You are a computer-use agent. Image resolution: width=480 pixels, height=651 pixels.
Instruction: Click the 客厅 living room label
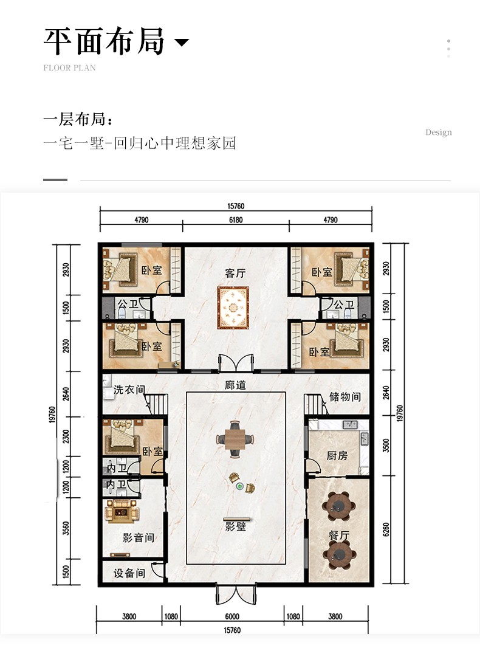(x=235, y=273)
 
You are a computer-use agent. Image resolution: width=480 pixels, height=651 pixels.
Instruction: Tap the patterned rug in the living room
(x=233, y=307)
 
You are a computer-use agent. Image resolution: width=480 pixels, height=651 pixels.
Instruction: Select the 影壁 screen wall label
(x=236, y=527)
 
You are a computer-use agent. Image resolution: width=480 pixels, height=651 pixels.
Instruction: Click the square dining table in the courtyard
(x=235, y=438)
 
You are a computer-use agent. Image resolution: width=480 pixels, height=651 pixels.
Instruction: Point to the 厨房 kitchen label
(x=337, y=456)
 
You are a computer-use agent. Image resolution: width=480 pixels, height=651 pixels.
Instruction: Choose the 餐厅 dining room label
(x=339, y=536)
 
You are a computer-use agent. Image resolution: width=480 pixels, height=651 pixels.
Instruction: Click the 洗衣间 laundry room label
(x=129, y=390)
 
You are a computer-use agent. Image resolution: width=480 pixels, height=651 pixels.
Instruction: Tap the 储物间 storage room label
(x=345, y=397)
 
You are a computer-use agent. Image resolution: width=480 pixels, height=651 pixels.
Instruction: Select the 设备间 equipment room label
(x=129, y=573)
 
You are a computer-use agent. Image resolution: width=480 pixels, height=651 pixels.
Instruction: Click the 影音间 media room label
(x=139, y=538)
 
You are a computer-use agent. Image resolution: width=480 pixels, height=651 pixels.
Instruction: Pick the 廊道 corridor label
(x=235, y=385)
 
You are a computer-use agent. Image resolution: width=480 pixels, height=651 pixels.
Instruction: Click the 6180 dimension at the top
(x=236, y=220)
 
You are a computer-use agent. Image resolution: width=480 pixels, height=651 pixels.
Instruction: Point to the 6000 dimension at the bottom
(x=232, y=617)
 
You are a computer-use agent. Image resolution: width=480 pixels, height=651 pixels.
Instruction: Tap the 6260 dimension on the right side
(x=386, y=529)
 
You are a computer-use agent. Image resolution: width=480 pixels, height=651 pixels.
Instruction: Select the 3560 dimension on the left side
(x=66, y=528)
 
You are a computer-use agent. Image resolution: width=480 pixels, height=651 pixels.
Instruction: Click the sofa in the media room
(x=121, y=510)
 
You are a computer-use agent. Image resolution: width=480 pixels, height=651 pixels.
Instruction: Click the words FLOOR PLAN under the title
(x=69, y=68)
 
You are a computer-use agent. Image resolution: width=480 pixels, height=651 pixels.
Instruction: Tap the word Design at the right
(x=439, y=133)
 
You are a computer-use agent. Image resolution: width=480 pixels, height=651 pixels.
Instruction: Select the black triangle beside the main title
(x=181, y=42)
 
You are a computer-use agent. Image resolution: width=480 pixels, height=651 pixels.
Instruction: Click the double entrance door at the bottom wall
(x=236, y=594)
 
